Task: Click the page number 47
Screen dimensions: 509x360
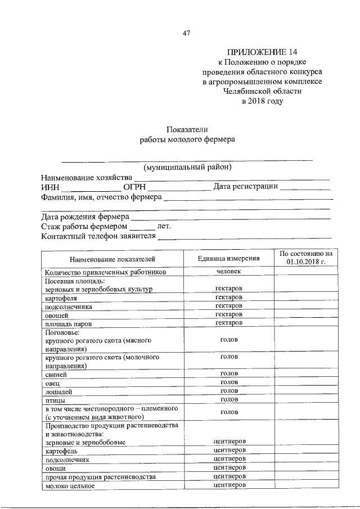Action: pos(187,33)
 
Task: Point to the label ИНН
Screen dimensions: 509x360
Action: pos(50,187)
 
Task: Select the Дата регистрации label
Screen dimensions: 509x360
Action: pos(245,187)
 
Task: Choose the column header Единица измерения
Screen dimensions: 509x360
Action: pos(228,259)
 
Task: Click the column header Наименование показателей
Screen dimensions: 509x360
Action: pos(112,259)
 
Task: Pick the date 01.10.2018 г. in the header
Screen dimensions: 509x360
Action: pos(306,263)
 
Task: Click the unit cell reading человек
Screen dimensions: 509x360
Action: pos(228,272)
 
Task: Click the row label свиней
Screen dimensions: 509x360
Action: pos(56,375)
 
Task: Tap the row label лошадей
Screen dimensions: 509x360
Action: pos(59,391)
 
